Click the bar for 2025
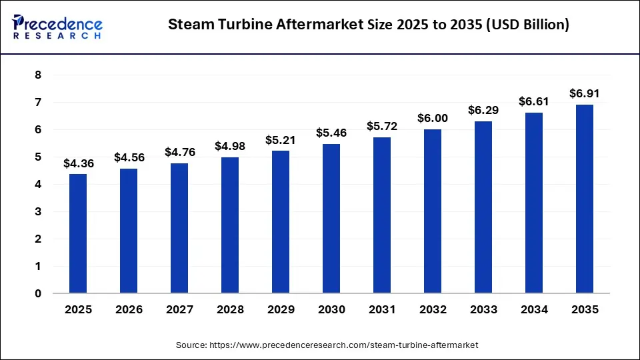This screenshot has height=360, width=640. (x=78, y=233)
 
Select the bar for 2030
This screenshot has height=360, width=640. (x=331, y=219)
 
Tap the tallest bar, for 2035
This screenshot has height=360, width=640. (x=585, y=199)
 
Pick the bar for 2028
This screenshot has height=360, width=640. (x=230, y=225)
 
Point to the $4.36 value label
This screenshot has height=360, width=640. (x=78, y=163)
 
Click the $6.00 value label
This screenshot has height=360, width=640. (x=433, y=118)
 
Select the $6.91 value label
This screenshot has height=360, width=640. (x=585, y=93)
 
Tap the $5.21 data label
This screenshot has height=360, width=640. (x=281, y=140)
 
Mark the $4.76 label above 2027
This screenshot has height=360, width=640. (x=179, y=152)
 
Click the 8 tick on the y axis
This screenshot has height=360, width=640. (x=38, y=75)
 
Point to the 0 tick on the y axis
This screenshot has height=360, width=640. (x=38, y=293)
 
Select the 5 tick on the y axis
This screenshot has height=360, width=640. (x=38, y=157)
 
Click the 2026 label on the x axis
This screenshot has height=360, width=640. (x=129, y=309)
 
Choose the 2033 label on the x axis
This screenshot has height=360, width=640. (x=483, y=309)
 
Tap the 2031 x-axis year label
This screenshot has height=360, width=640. (x=382, y=309)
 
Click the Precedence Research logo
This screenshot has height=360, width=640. (x=57, y=25)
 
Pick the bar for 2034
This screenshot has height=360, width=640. (x=534, y=203)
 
